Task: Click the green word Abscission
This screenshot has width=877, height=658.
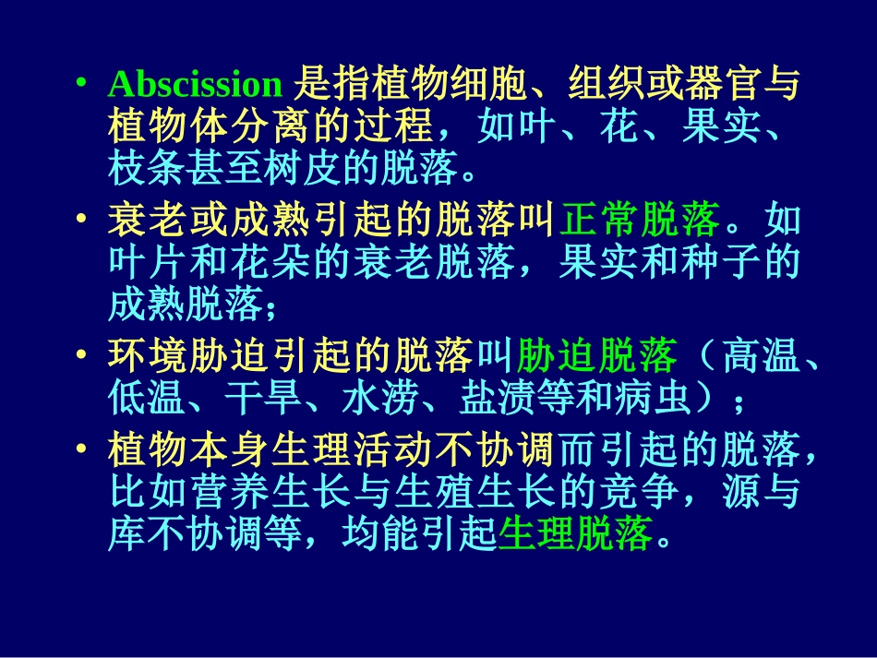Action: (x=195, y=85)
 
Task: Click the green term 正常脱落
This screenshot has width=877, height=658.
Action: (x=640, y=221)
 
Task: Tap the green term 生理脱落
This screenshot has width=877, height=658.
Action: (x=574, y=533)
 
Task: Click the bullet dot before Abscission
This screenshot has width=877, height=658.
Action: (x=83, y=85)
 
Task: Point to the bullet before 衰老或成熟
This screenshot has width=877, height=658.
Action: (x=83, y=221)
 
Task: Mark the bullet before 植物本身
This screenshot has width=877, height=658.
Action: (x=83, y=451)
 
